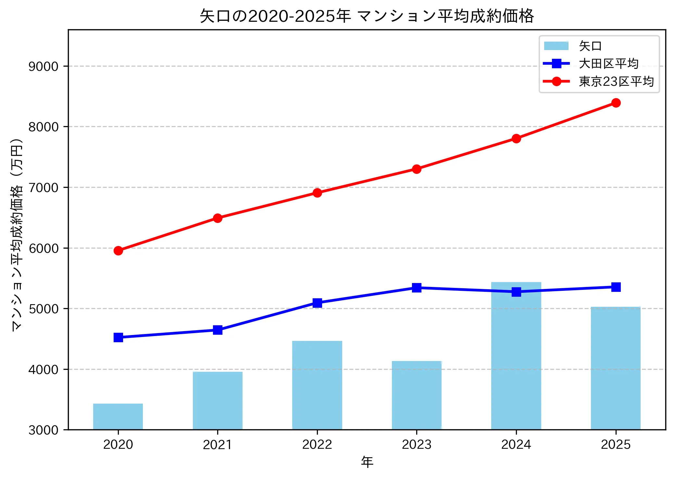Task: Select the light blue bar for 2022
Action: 317,385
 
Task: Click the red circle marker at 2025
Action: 616,103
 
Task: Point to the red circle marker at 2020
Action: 118,251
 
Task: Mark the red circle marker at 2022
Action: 317,193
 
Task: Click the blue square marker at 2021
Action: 218,330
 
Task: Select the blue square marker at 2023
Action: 417,288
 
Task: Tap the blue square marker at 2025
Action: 616,287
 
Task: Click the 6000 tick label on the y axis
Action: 44,249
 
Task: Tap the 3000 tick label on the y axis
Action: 44,430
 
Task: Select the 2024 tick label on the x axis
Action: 516,445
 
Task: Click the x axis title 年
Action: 367,462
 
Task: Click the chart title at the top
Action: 367,16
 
